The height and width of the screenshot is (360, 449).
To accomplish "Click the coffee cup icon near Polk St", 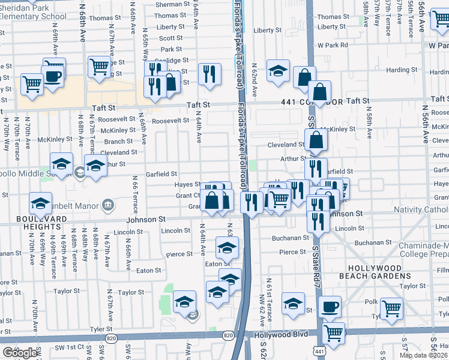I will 330,307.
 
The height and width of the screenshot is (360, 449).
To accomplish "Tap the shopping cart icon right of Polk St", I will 391,309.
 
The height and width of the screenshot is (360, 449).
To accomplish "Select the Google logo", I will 20,353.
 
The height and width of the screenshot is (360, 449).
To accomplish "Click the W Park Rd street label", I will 333,45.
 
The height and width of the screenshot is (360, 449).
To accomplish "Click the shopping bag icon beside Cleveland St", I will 316,142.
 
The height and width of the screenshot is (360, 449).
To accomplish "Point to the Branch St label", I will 118,142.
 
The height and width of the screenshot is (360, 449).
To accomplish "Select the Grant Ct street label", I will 187,196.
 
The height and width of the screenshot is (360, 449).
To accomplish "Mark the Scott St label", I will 170,38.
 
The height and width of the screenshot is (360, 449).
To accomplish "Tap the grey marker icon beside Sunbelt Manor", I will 108,205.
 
